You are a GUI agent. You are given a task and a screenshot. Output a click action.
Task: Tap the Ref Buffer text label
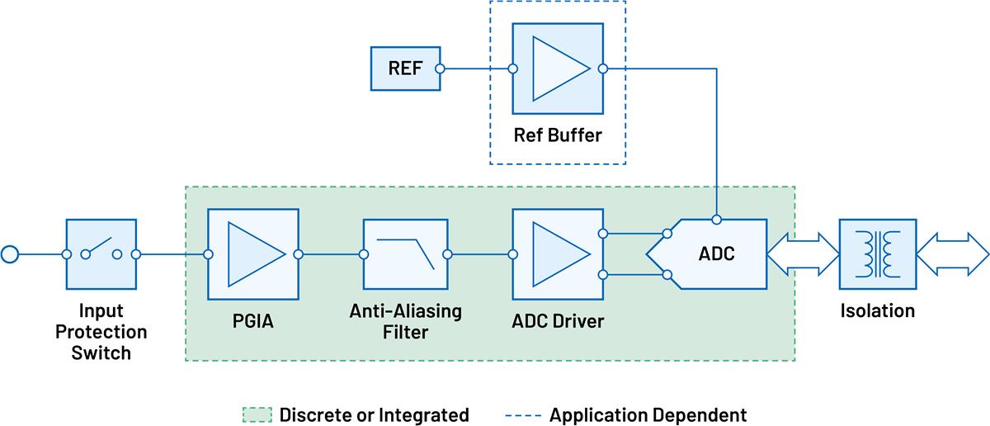[x=558, y=135]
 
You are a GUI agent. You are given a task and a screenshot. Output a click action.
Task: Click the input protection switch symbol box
[x=101, y=254]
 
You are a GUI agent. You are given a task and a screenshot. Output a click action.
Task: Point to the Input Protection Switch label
[x=101, y=332]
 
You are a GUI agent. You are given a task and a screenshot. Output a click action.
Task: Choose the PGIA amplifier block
[x=253, y=254]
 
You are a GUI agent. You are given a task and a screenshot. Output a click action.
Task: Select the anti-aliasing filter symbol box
[x=405, y=254]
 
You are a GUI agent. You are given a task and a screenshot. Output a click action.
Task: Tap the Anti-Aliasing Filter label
[x=405, y=322]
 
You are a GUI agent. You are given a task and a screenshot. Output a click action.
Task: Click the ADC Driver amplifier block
[x=558, y=254]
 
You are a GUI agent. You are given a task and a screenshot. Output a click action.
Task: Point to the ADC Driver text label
[x=558, y=320]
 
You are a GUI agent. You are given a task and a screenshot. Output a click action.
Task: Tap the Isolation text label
[x=877, y=311]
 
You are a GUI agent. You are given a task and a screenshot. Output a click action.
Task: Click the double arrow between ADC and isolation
[x=803, y=254]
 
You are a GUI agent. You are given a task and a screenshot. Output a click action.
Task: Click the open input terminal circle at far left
[x=11, y=254]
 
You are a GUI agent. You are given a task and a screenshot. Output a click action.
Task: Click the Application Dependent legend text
[x=648, y=414]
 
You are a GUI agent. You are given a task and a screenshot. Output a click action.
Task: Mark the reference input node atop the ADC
[x=718, y=219]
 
